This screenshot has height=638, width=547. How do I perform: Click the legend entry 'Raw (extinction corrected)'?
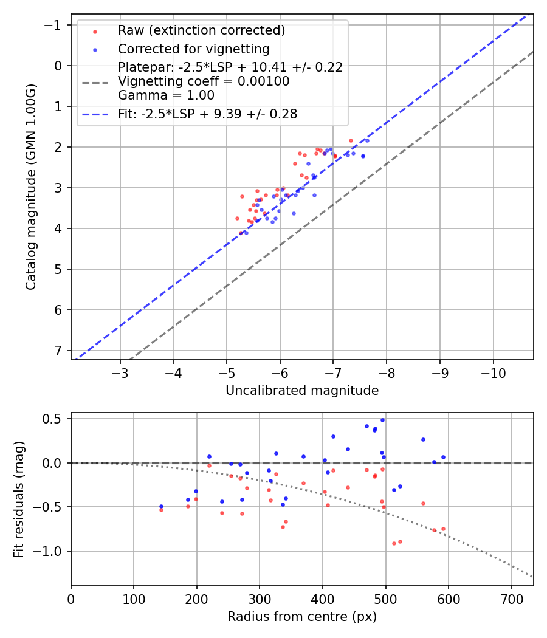201,30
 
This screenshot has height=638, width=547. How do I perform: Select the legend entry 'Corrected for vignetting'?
193,49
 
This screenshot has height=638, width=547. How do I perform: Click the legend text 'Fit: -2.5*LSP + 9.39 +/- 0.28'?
207,114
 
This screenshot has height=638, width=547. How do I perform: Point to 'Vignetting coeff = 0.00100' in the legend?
204,81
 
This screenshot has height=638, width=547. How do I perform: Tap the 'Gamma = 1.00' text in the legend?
166,95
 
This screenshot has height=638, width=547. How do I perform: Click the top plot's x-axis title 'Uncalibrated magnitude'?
302,391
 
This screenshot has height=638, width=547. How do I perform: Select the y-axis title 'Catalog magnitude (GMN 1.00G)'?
31,187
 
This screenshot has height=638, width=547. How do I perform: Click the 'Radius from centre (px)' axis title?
302,617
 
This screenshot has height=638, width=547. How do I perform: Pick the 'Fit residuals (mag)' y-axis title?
19,498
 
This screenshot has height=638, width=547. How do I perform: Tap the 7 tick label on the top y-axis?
58,351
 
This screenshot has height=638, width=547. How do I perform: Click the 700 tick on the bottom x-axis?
511,599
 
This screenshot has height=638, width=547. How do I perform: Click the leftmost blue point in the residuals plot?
161,506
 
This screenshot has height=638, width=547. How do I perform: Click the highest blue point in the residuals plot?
382,420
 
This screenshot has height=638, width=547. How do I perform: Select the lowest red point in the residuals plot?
394,543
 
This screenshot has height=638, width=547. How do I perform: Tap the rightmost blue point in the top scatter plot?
367,140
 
